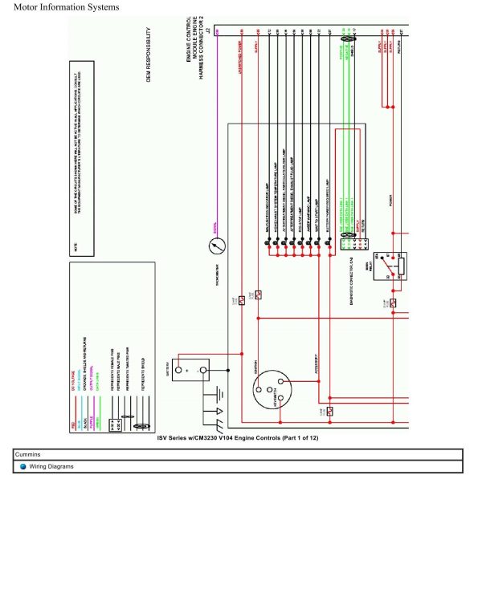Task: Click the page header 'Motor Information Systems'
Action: [x=67, y=7]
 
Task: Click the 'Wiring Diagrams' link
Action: [x=51, y=466]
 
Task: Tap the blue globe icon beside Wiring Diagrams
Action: [x=23, y=466]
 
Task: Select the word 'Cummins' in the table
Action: [x=28, y=454]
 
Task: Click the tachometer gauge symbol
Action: [x=215, y=249]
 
